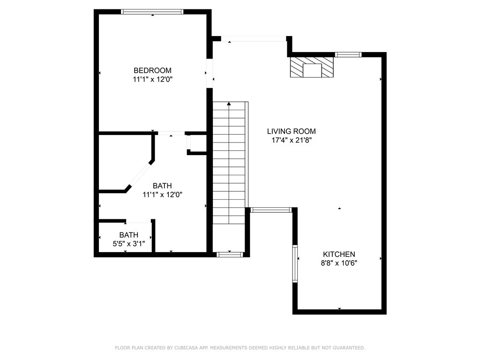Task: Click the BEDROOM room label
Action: tap(152, 70)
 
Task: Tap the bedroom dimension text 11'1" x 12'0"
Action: tap(153, 80)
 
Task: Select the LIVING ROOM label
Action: tap(292, 131)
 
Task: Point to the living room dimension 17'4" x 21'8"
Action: tap(292, 141)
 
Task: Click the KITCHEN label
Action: tap(339, 254)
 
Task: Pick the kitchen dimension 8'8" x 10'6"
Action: tap(339, 263)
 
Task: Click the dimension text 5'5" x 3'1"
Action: tap(129, 244)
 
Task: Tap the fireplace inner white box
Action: tap(312, 70)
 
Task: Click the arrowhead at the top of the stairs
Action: tap(229, 104)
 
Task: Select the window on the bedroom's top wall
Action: tap(152, 12)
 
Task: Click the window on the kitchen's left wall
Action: tap(295, 263)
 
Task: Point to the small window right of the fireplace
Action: tap(348, 55)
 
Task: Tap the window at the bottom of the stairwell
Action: tap(230, 255)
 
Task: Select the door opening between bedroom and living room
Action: tap(210, 74)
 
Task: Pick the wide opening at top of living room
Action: tap(254, 38)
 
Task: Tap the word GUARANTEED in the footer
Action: tap(349, 348)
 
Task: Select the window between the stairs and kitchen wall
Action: tap(270, 210)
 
